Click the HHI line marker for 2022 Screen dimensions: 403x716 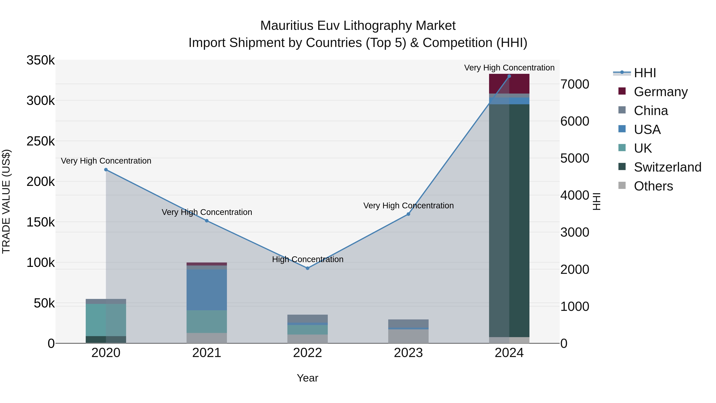(307, 268)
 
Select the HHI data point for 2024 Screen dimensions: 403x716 (509, 76)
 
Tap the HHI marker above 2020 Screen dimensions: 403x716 (106, 170)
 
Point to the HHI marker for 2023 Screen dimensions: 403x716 (408, 214)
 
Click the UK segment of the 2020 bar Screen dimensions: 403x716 (106, 320)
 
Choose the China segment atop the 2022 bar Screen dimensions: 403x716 (307, 318)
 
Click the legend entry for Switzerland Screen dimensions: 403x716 (667, 167)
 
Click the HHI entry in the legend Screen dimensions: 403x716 (645, 73)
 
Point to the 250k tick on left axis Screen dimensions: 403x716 (41, 141)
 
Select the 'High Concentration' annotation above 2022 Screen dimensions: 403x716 (307, 259)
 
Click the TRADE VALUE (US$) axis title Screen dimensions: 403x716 (6, 201)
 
